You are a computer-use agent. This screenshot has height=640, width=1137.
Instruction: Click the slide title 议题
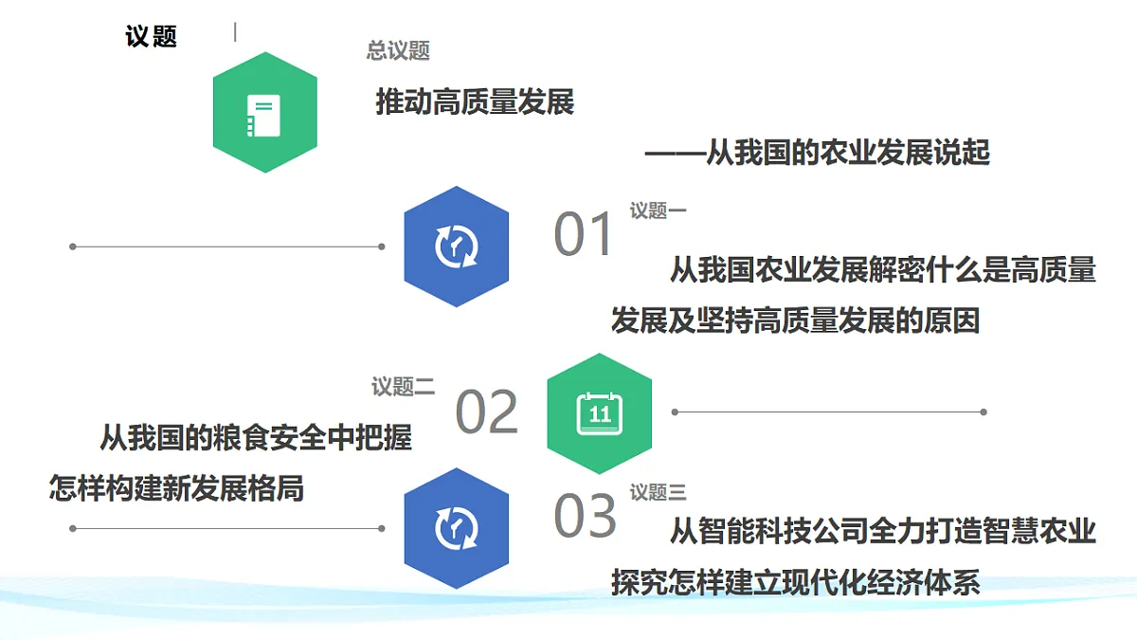pyautogui.click(x=152, y=37)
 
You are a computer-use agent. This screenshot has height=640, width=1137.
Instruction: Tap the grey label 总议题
pyautogui.click(x=398, y=51)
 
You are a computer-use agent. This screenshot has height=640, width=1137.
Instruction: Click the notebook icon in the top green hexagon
pyautogui.click(x=263, y=116)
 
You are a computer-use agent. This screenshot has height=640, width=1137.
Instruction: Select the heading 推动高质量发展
pyautogui.click(x=475, y=101)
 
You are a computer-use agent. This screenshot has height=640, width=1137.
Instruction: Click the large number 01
pyautogui.click(x=583, y=234)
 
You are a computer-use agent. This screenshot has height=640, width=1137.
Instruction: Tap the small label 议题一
pyautogui.click(x=658, y=210)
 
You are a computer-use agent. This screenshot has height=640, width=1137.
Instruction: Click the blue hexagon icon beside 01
pyautogui.click(x=457, y=247)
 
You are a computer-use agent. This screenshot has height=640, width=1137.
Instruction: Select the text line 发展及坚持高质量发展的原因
pyautogui.click(x=795, y=320)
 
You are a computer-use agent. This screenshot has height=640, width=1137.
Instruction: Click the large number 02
pyautogui.click(x=487, y=411)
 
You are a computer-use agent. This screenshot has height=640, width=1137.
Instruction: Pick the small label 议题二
pyautogui.click(x=403, y=387)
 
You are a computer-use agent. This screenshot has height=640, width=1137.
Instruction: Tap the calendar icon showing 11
pyautogui.click(x=600, y=413)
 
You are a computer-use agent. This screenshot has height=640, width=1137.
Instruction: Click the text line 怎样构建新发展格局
pyautogui.click(x=176, y=488)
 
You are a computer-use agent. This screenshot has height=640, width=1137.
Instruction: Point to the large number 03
pyautogui.click(x=585, y=515)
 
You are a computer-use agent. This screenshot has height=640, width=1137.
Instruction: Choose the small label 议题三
pyautogui.click(x=658, y=492)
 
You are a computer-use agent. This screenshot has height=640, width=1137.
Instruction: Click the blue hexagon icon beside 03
pyautogui.click(x=457, y=528)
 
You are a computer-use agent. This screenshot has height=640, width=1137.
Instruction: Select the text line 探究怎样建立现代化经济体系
pyautogui.click(x=795, y=582)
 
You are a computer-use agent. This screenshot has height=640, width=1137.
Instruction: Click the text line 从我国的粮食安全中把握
pyautogui.click(x=256, y=437)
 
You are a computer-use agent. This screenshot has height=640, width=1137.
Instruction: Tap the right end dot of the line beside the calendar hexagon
pyautogui.click(x=984, y=411)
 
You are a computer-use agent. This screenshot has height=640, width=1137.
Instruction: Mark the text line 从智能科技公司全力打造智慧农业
pyautogui.click(x=883, y=531)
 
